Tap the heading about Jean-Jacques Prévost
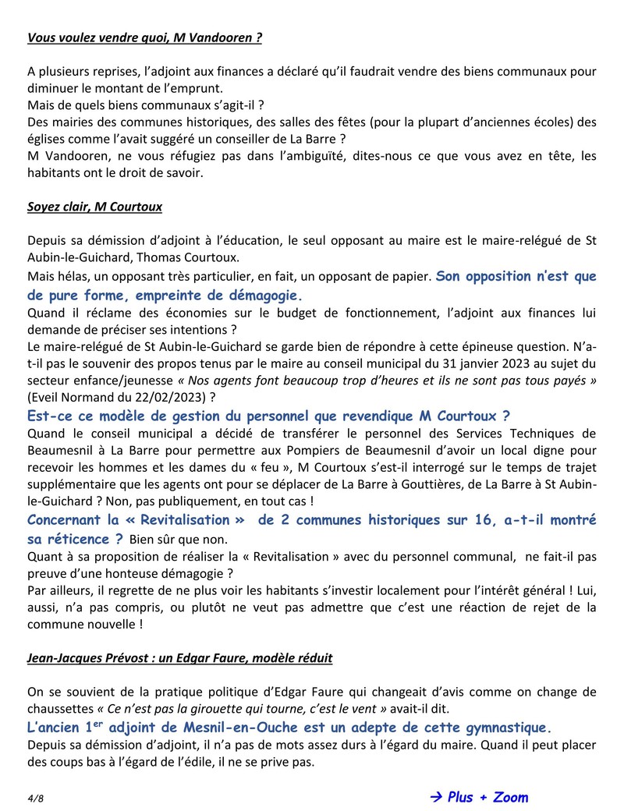tap(179, 658)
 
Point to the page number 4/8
tap(35, 798)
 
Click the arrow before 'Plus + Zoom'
tap(436, 797)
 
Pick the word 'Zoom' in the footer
tap(508, 797)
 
